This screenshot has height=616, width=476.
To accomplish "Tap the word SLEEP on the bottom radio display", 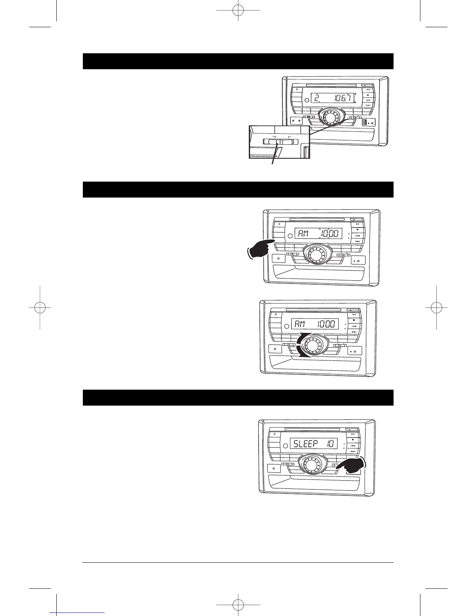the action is [x=306, y=444].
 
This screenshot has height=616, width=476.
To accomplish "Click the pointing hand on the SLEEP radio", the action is [x=352, y=465].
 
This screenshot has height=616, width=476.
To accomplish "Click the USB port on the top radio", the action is [x=365, y=122].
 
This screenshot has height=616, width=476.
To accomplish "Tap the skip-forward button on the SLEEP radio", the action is [x=353, y=451].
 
